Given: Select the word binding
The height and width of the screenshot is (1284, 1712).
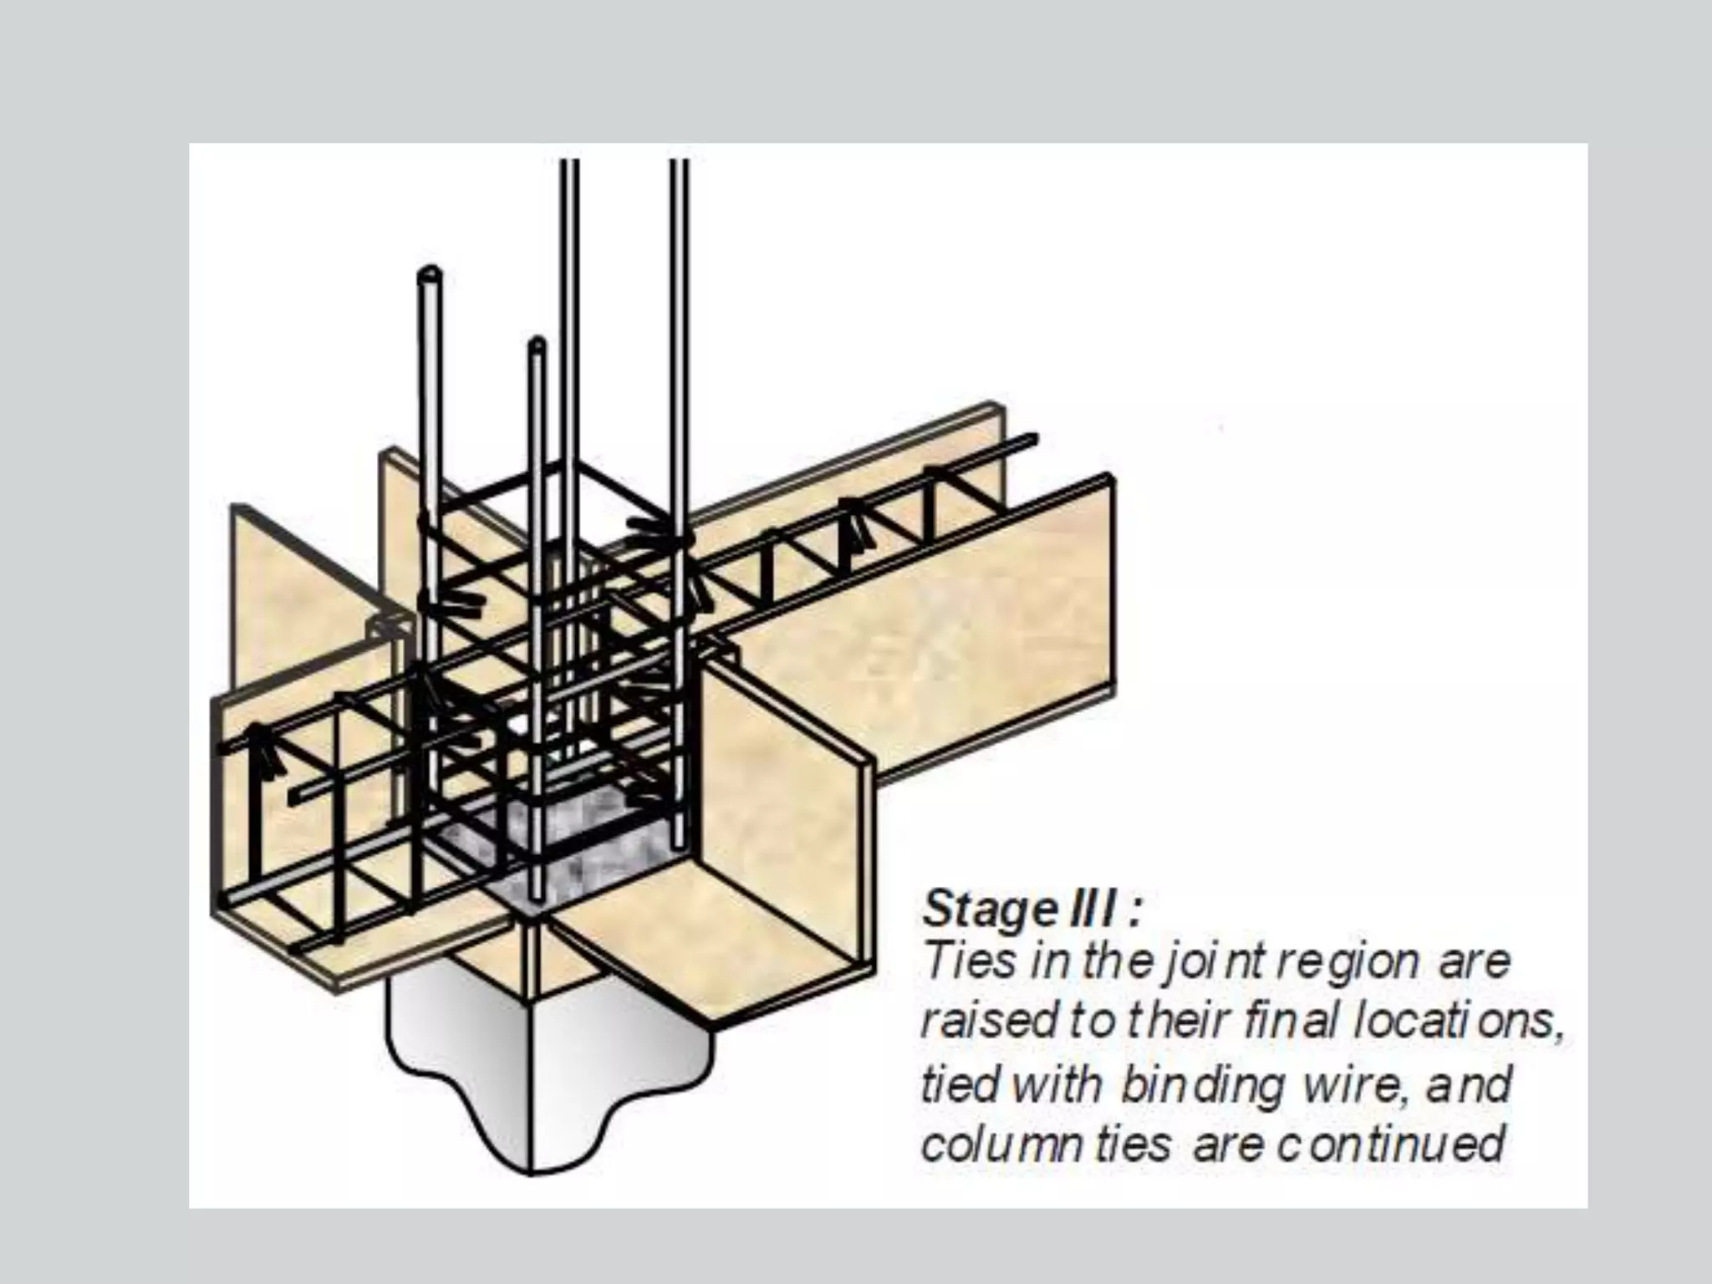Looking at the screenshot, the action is (1200, 1085).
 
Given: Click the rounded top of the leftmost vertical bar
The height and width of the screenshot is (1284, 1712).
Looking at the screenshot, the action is (430, 274).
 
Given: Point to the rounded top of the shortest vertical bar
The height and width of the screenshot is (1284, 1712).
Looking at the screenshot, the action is (538, 343).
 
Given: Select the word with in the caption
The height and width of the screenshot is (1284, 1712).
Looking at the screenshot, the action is (1058, 1085).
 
